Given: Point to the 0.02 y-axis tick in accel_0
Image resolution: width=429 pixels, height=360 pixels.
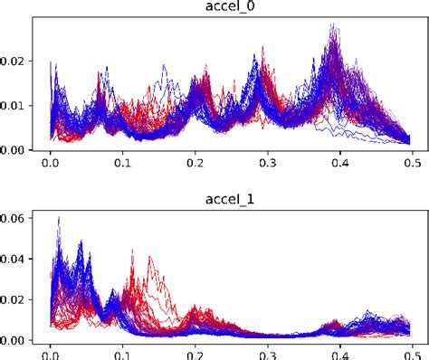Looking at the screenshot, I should pyautogui.click(x=14, y=61).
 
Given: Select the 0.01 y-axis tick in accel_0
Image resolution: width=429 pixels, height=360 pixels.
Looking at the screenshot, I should pyautogui.click(x=14, y=106).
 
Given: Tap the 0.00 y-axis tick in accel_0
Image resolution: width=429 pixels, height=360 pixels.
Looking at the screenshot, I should pyautogui.click(x=14, y=150).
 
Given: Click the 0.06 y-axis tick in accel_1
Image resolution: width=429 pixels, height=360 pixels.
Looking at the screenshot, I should pyautogui.click(x=14, y=218).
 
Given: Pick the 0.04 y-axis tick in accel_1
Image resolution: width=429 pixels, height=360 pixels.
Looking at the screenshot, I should pyautogui.click(x=14, y=259).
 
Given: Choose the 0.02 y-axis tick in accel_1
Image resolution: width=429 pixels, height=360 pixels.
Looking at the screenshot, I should pyautogui.click(x=14, y=299).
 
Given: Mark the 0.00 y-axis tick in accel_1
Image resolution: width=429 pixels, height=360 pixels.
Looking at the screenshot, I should pyautogui.click(x=14, y=340).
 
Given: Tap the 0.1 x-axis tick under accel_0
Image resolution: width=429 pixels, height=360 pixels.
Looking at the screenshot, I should pyautogui.click(x=122, y=165).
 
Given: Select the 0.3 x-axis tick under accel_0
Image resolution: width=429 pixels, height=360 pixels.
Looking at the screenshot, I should pyautogui.click(x=267, y=165).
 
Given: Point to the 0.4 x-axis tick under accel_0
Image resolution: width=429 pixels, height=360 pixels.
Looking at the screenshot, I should pyautogui.click(x=339, y=165).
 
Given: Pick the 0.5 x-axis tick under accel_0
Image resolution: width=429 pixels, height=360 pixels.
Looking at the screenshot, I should pyautogui.click(x=412, y=165).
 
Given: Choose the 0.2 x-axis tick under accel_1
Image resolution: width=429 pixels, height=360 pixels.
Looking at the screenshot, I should pyautogui.click(x=195, y=354).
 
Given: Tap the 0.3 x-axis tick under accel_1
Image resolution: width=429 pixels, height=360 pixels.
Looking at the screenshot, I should pyautogui.click(x=267, y=354).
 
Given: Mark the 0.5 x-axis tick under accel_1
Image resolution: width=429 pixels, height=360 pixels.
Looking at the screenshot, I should pyautogui.click(x=412, y=354).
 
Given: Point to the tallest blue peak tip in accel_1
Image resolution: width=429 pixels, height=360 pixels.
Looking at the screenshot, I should pyautogui.click(x=59, y=217).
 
